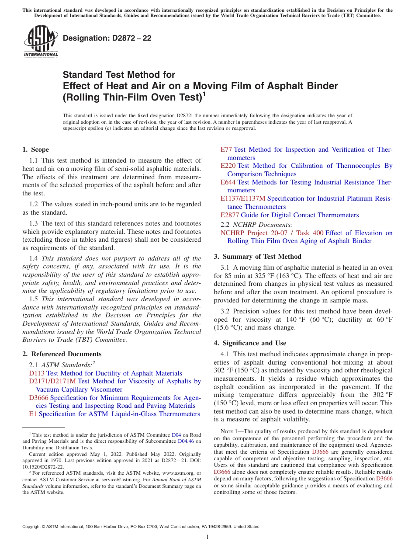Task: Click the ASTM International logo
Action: point(41,41)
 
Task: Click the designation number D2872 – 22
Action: point(107,38)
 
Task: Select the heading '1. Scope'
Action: point(36,149)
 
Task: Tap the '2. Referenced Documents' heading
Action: point(62,354)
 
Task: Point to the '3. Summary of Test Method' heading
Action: point(257,257)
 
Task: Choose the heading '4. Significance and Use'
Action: point(250,343)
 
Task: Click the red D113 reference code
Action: point(37,373)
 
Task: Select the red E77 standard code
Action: point(226,149)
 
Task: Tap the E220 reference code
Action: point(228,166)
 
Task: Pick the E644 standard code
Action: point(228,182)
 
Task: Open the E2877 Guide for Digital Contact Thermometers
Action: point(290,215)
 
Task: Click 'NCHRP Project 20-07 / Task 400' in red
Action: point(272,233)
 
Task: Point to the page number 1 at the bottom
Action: point(207,537)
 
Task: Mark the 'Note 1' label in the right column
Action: point(230,431)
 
